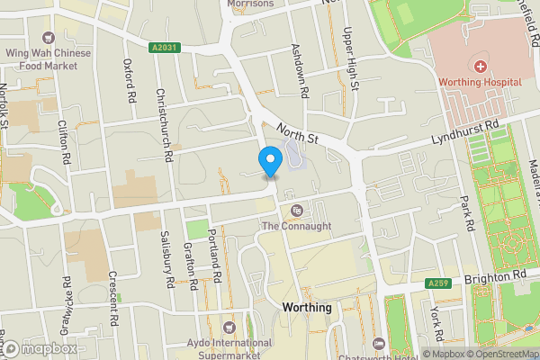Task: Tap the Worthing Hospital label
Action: [481, 83]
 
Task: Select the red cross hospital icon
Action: [481, 67]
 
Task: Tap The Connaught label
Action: [296, 226]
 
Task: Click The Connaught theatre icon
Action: [296, 211]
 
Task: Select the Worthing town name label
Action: [307, 308]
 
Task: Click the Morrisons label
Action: [251, 4]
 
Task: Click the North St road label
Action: [298, 134]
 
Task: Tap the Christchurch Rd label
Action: [165, 124]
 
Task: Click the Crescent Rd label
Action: [113, 300]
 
